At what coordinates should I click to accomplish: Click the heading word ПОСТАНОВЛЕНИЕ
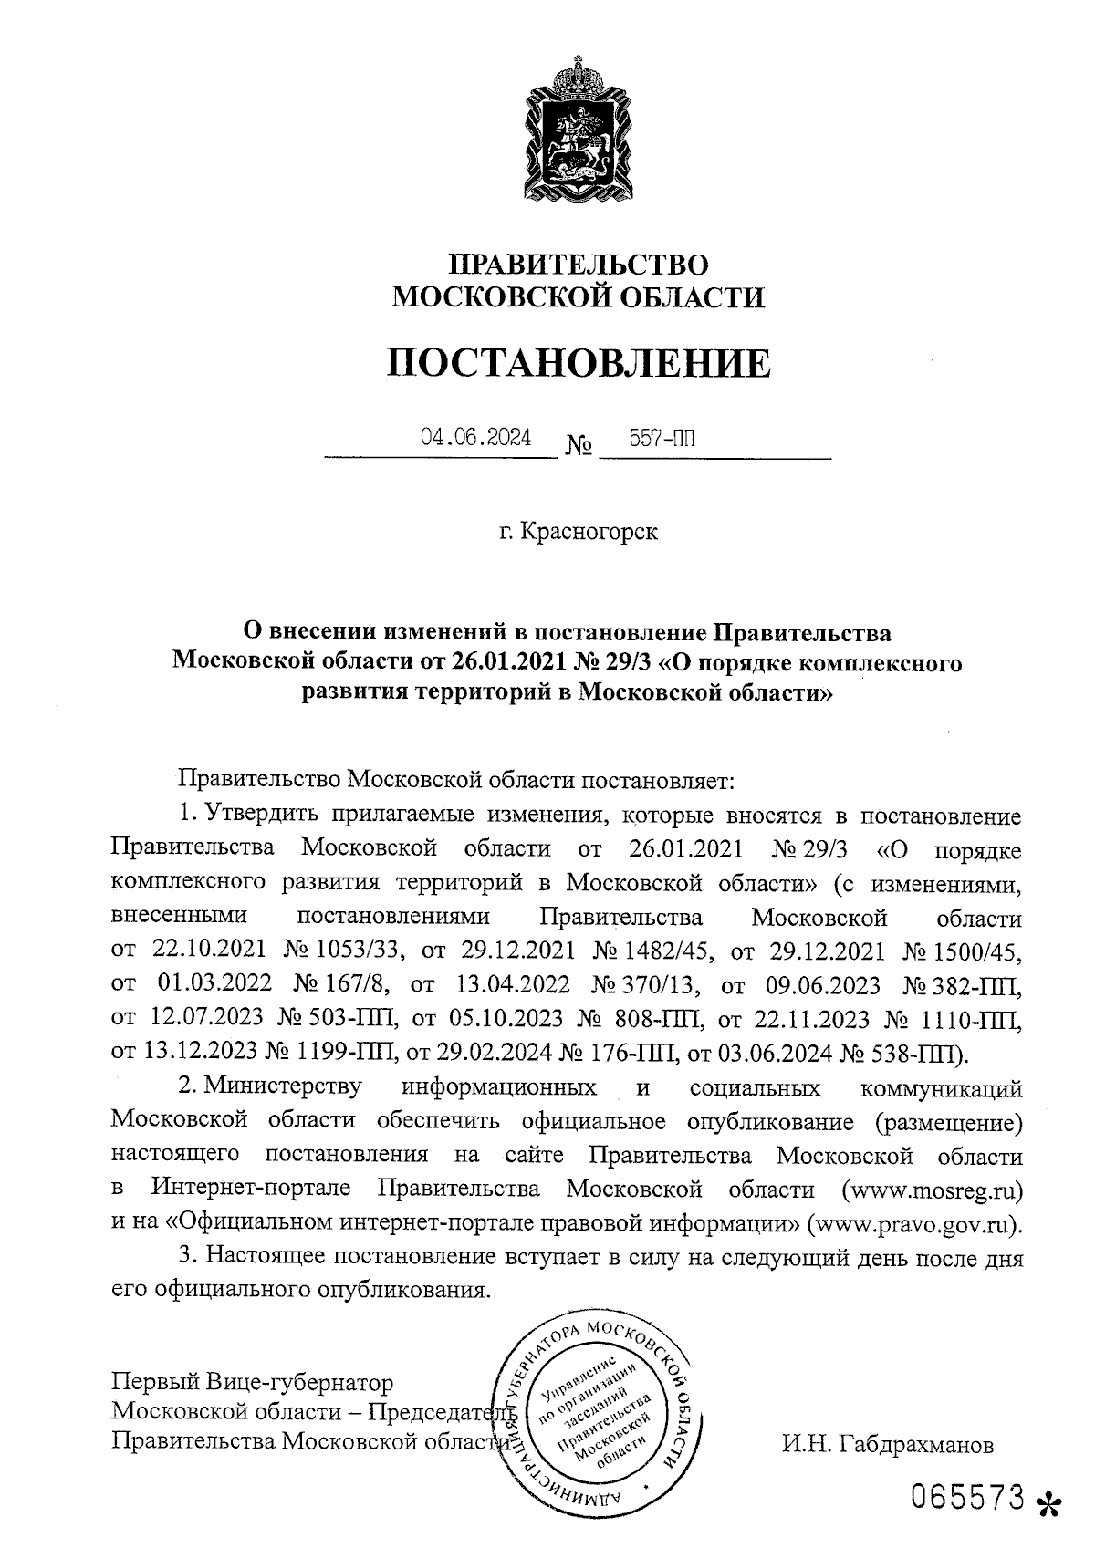pyautogui.click(x=578, y=363)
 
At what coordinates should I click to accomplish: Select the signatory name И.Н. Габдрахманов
pyautogui.click(x=886, y=1446)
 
